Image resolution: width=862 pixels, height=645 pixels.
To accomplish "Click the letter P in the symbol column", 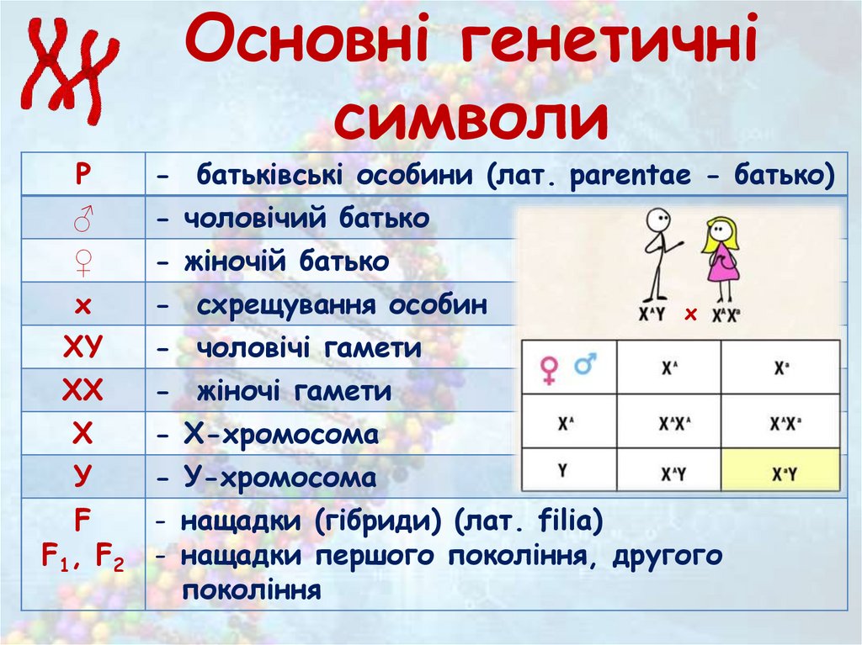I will tap(82, 174).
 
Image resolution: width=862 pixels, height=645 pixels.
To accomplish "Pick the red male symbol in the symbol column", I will tap(82, 218).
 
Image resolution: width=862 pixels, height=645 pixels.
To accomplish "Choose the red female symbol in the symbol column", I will tap(82, 262).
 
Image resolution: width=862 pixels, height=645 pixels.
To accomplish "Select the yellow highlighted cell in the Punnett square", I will tap(780, 470).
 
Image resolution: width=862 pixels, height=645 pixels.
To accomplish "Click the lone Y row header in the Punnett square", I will tap(563, 470).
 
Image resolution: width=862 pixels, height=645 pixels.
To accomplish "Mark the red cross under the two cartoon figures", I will tap(691, 315).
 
